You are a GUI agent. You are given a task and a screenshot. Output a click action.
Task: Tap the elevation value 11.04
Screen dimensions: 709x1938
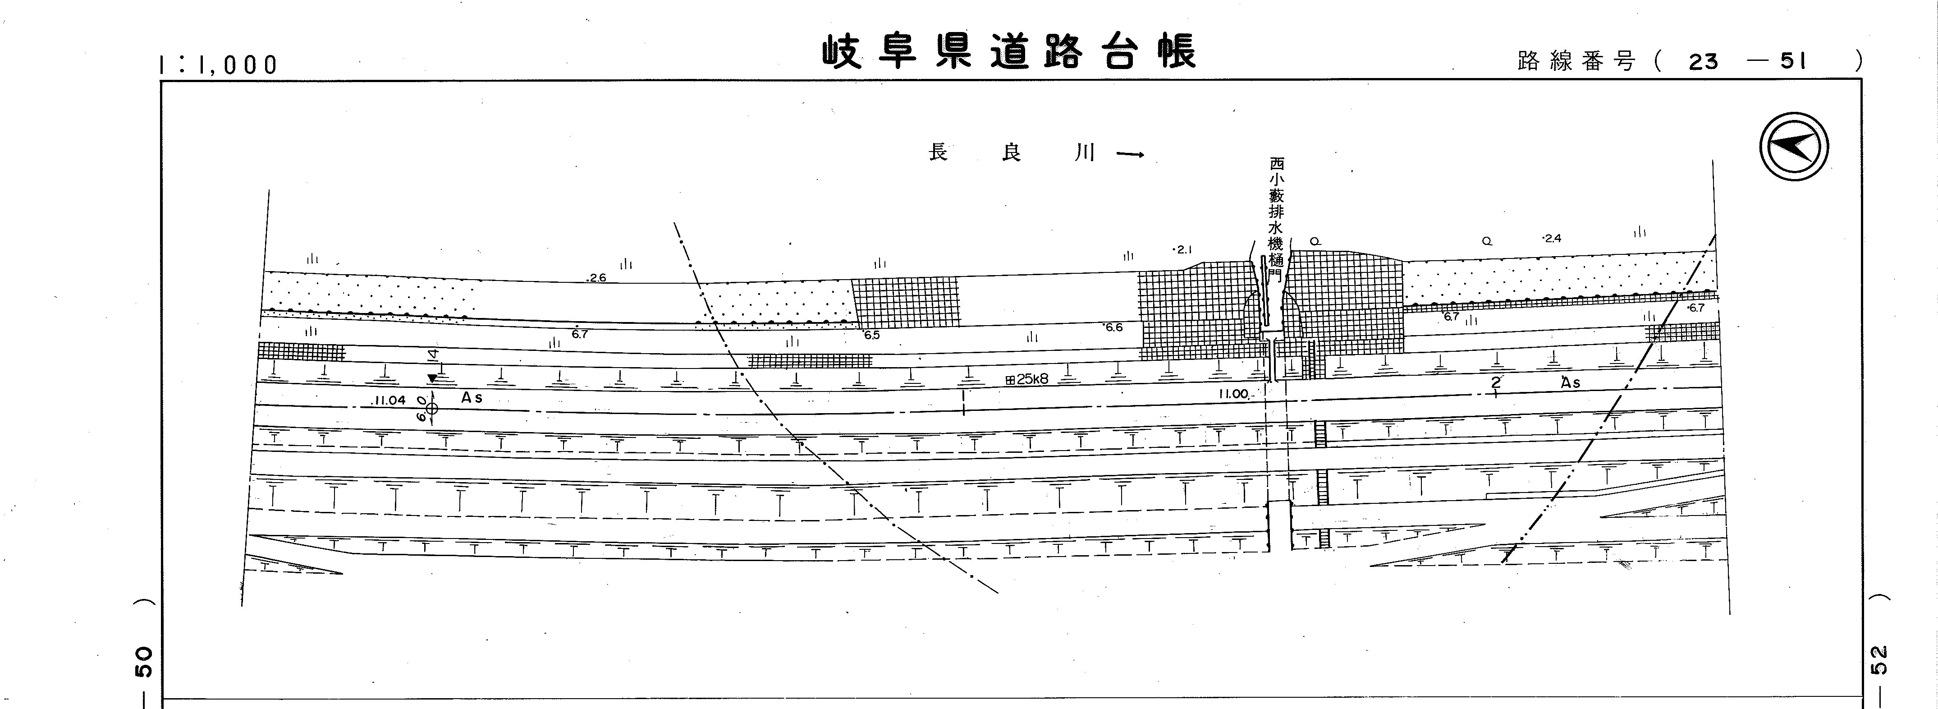388,401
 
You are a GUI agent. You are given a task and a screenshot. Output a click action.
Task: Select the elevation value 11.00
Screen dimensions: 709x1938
1233,394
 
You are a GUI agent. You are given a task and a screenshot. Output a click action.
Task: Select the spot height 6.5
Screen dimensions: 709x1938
871,335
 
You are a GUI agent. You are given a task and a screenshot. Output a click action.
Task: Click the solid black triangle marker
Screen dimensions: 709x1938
432,378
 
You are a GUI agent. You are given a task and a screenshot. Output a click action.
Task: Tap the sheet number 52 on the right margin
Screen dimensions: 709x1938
1878,661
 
